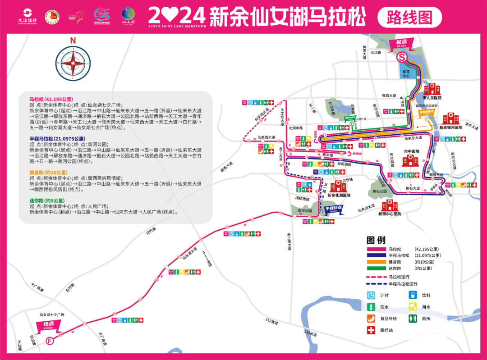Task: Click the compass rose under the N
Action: pyautogui.click(x=72, y=64)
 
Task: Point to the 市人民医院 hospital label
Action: pyautogui.click(x=432, y=97)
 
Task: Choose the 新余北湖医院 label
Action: pyautogui.click(x=337, y=196)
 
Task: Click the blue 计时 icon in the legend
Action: pyautogui.click(x=371, y=295)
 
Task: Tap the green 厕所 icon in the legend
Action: pyautogui.click(x=413, y=319)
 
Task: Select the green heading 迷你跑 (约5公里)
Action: pyautogui.click(x=47, y=201)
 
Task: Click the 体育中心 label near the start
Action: pyautogui.click(x=407, y=73)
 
